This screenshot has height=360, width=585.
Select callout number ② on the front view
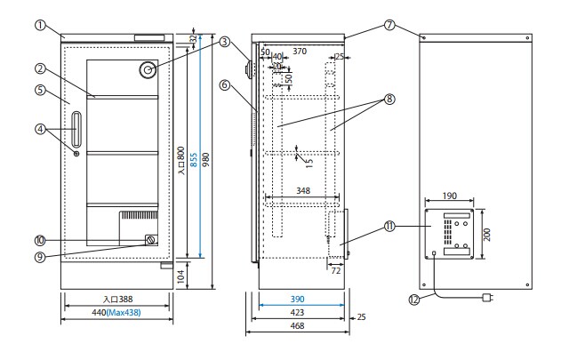(x=40, y=68)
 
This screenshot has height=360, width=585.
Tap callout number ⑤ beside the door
(x=40, y=89)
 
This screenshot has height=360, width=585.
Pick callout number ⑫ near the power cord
(x=413, y=300)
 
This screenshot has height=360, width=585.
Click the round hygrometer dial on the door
(x=148, y=70)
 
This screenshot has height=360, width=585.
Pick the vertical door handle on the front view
(x=76, y=129)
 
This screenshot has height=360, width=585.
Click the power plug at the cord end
(x=486, y=299)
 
